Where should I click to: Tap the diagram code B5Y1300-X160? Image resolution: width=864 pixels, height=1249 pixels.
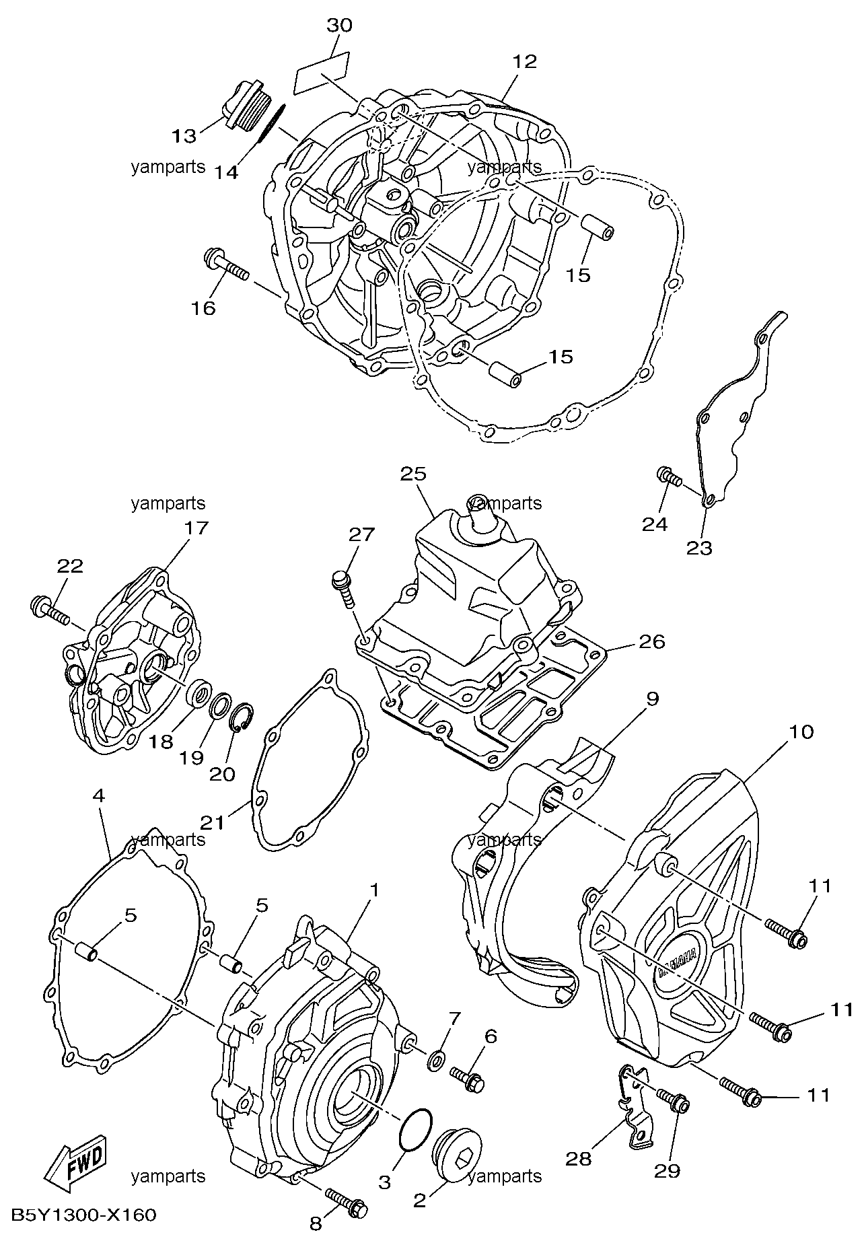click(83, 1215)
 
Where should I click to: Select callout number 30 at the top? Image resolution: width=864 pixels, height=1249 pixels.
click(339, 26)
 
